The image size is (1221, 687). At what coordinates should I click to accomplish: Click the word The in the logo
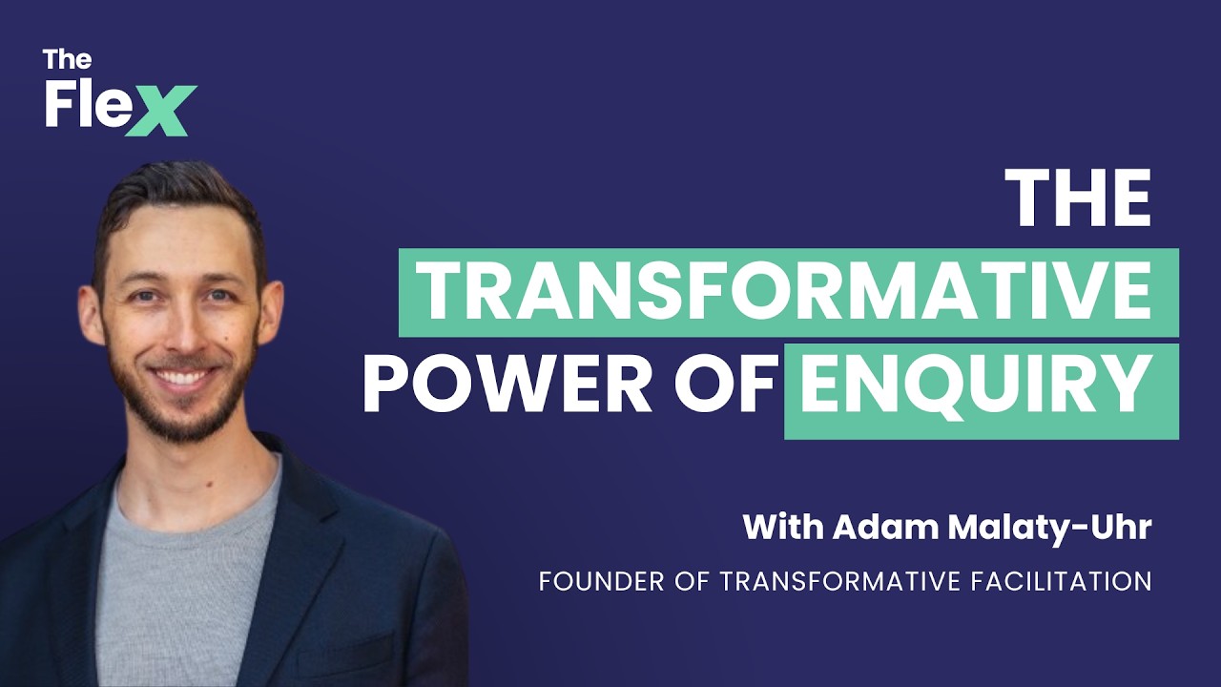point(67,59)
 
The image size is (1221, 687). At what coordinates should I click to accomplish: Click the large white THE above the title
point(1083,199)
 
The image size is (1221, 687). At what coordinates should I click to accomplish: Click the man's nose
point(180,329)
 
